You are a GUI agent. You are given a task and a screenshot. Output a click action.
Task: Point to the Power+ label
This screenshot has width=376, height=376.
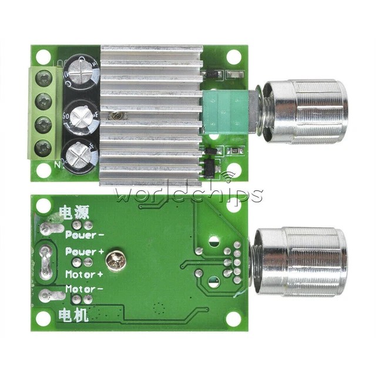pos(85,251)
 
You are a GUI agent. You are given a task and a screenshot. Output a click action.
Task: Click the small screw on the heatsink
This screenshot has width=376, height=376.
pos(117,117)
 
